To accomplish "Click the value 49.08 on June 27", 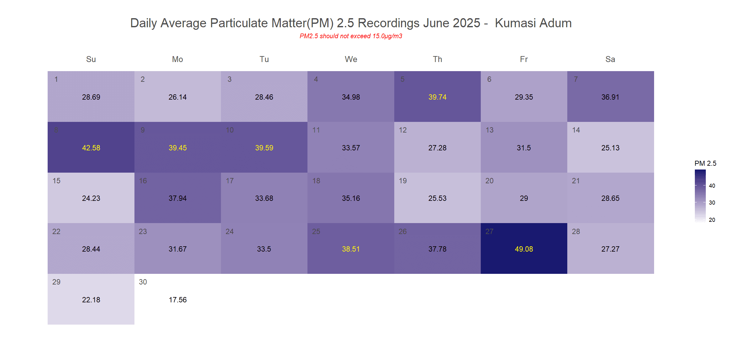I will click(524, 249).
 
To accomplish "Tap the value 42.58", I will click(91, 148).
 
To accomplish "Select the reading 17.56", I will click(178, 300).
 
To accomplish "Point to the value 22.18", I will click(91, 300).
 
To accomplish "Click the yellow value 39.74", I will click(437, 97).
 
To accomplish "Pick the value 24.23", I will click(91, 198).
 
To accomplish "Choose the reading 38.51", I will click(351, 249).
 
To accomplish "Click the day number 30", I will click(143, 282).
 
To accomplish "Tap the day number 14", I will click(576, 130).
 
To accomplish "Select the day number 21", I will click(576, 181).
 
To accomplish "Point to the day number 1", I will click(56, 79).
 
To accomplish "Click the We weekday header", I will click(351, 59).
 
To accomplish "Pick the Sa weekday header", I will click(610, 59).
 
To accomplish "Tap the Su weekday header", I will click(91, 59).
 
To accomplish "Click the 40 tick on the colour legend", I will click(712, 186).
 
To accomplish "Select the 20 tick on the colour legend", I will click(712, 220).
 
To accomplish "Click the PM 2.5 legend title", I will click(705, 163).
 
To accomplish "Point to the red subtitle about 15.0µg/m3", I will click(351, 36).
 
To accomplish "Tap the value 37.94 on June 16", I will click(178, 198).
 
